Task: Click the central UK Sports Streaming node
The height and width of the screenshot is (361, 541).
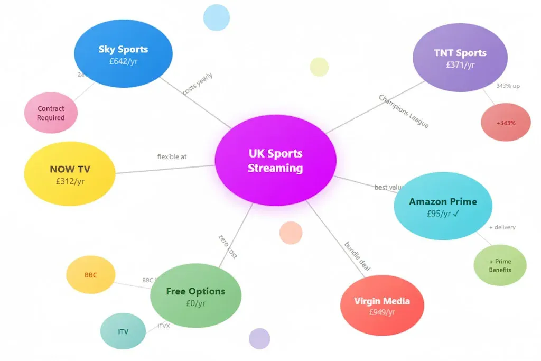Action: tap(275, 160)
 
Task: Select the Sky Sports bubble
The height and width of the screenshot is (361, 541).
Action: tap(123, 54)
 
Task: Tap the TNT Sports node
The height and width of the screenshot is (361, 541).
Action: tap(460, 58)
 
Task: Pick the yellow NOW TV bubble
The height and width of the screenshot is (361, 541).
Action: tap(70, 174)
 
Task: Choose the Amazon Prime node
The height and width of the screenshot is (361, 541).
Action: tap(443, 206)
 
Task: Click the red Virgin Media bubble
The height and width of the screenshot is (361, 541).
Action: tap(382, 306)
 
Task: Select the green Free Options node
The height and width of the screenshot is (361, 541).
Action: tap(195, 296)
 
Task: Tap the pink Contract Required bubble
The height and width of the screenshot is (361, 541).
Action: tap(51, 113)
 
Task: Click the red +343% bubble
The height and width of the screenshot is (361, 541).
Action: tap(506, 123)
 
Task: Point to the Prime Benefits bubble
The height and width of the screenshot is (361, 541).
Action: tap(500, 265)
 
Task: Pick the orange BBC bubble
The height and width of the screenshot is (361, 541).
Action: tap(91, 275)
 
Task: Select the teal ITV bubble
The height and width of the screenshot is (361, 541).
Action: tap(123, 332)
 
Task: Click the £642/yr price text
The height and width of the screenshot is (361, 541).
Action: tap(123, 61)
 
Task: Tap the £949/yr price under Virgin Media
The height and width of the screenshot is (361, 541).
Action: tap(382, 312)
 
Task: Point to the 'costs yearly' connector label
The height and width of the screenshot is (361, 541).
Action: tap(198, 84)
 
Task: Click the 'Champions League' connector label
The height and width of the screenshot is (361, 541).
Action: tap(404, 111)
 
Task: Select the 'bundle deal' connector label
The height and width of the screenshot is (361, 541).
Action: tap(357, 256)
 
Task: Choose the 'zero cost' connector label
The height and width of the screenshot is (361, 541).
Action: tap(228, 246)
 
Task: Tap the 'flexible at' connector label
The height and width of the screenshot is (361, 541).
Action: tap(172, 157)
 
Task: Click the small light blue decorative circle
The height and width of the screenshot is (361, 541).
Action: tap(217, 17)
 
